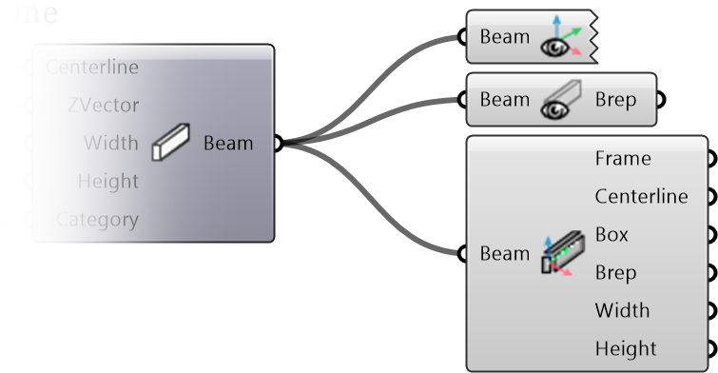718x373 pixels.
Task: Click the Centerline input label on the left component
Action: pos(92,67)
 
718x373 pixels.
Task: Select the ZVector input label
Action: pos(103,105)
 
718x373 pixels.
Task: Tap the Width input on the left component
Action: pos(110,143)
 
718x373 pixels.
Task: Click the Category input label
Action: pos(97,219)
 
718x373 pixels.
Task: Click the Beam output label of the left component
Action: pos(228,144)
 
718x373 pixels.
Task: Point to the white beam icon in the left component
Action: pos(171,143)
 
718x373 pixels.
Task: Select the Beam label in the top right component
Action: pos(504,37)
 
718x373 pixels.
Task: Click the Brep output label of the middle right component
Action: pos(615,99)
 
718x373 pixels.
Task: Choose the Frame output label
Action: pos(623,159)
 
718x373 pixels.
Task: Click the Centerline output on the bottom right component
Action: pos(641,197)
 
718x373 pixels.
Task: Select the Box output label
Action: pos(611,234)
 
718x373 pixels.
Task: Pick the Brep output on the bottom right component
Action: pos(615,272)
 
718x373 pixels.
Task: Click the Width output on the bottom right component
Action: pos(622,310)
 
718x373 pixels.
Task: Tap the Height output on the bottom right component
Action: pos(626,348)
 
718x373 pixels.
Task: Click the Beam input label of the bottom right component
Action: pos(504,254)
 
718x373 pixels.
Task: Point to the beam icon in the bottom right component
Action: pos(559,254)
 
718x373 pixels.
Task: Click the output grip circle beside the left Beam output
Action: pos(278,144)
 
